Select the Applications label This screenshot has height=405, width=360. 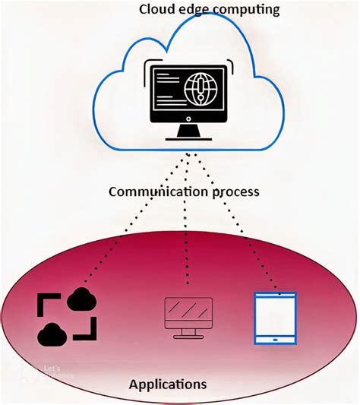point(168,384)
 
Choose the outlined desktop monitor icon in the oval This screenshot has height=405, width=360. point(188,315)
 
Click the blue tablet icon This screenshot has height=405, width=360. point(275,317)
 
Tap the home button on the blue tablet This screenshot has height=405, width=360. point(275,338)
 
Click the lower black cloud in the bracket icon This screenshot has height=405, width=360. point(53,331)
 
